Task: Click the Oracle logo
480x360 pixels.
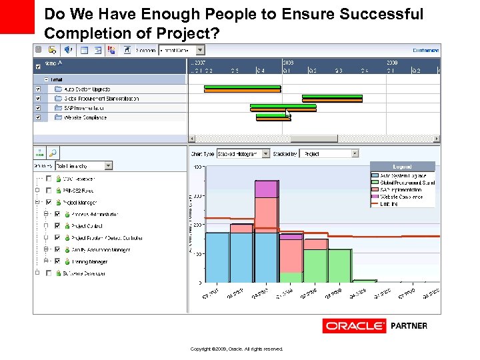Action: coord(354,326)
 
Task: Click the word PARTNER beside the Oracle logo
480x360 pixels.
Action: coord(409,326)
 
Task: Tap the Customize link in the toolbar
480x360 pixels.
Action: coord(425,50)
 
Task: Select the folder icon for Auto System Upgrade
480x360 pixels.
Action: coord(58,89)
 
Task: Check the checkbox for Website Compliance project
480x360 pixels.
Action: coord(37,117)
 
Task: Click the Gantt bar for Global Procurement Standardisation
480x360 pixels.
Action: coord(331,98)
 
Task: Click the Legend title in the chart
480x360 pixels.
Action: coord(401,167)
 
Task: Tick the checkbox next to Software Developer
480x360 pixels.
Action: coord(48,273)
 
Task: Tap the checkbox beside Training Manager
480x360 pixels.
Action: coord(57,261)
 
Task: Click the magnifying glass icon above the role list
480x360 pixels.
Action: coord(52,153)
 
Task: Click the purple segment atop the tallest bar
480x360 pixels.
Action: coord(266,189)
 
